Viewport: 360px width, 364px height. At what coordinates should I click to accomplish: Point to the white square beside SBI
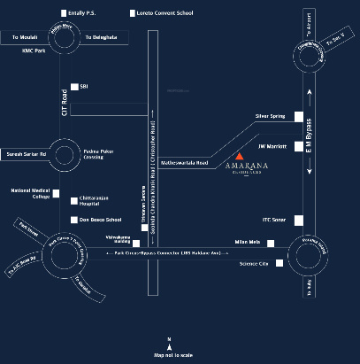point(74,86)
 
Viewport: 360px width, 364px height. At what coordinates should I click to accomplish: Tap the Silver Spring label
point(270,116)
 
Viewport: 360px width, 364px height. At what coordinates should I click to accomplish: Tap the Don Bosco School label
point(100,220)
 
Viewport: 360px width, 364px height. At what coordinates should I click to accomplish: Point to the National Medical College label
point(27,194)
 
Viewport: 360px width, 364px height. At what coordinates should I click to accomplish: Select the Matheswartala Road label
point(184,163)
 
